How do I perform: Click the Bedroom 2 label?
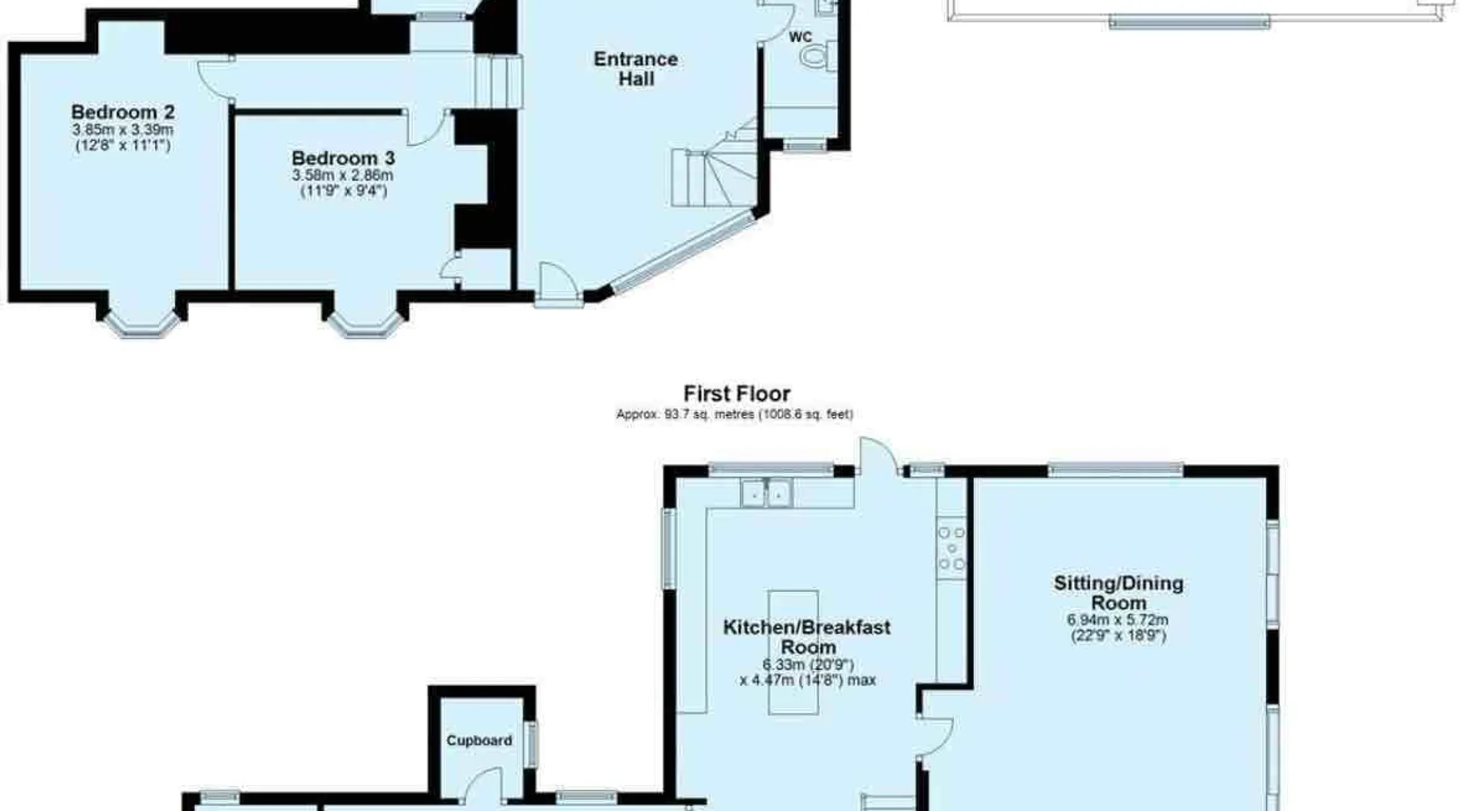(x=122, y=112)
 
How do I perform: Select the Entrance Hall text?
(x=636, y=69)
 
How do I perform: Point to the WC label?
(x=801, y=37)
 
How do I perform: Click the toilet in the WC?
(x=814, y=56)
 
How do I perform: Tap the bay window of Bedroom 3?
(x=365, y=323)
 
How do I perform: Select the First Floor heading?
(x=736, y=394)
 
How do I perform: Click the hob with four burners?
(x=952, y=548)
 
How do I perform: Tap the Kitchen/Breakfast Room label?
(x=807, y=637)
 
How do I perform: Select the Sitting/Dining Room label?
(x=1119, y=593)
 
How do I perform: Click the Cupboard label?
(x=479, y=740)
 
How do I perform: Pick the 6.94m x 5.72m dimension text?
(x=1118, y=620)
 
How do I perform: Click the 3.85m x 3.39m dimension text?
(x=122, y=130)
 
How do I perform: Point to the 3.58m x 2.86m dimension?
(x=342, y=175)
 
